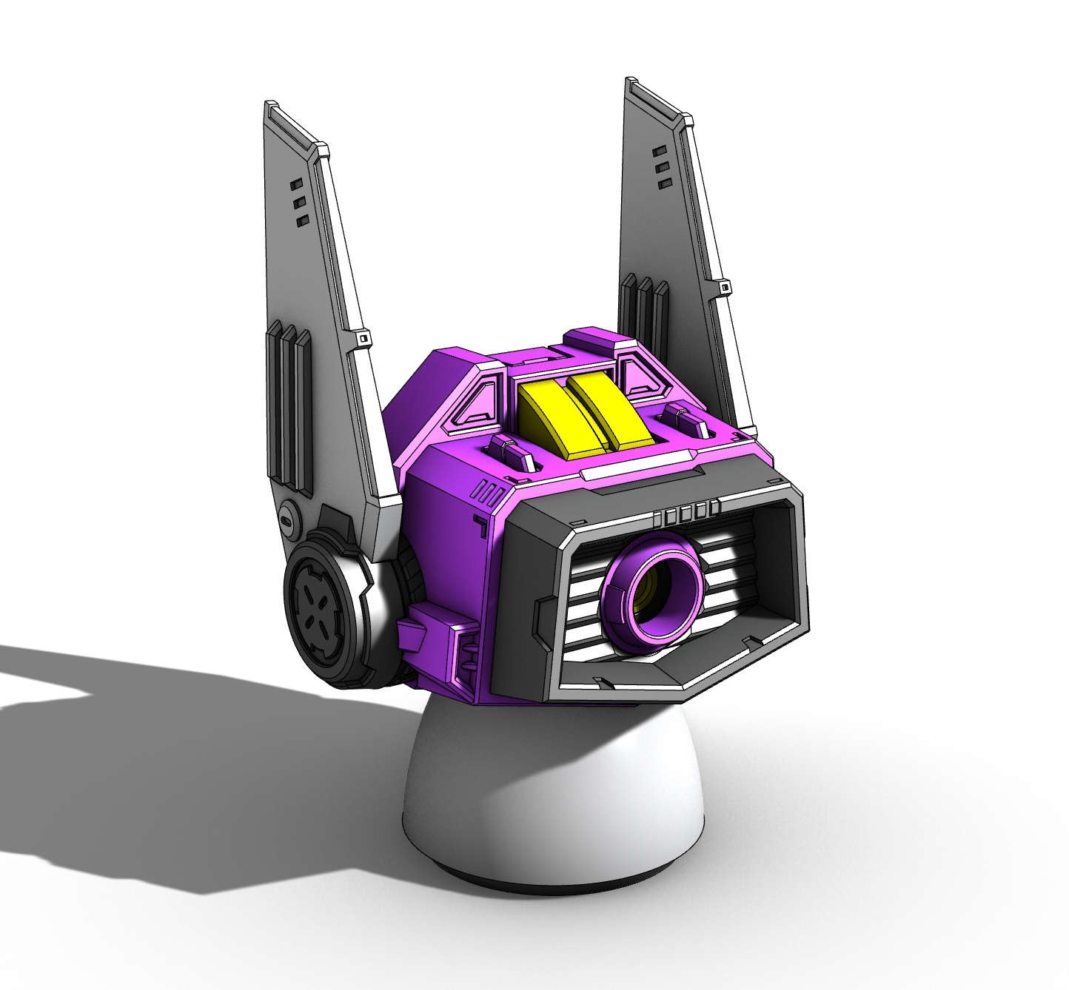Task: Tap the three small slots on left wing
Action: point(298,201)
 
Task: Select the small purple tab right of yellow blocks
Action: point(685,420)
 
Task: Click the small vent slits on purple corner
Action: point(491,491)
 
